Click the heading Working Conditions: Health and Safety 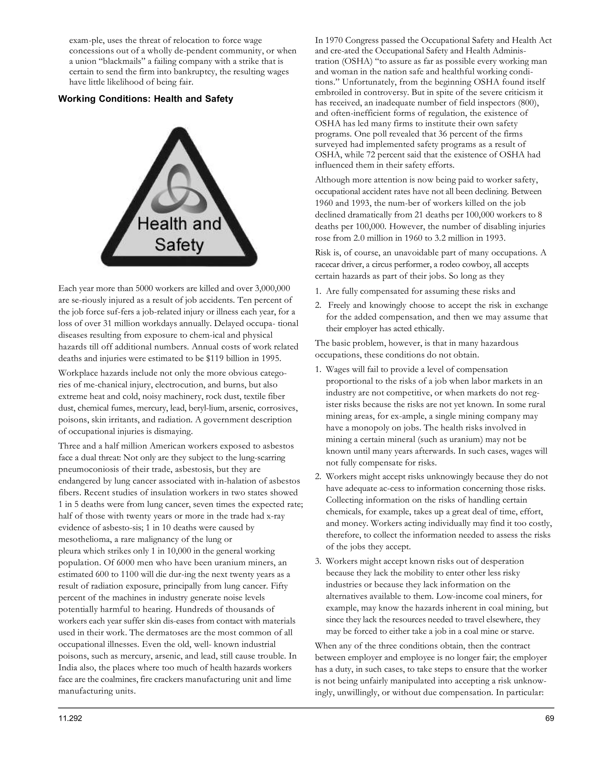tap(146, 99)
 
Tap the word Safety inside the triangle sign tap(179, 245)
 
